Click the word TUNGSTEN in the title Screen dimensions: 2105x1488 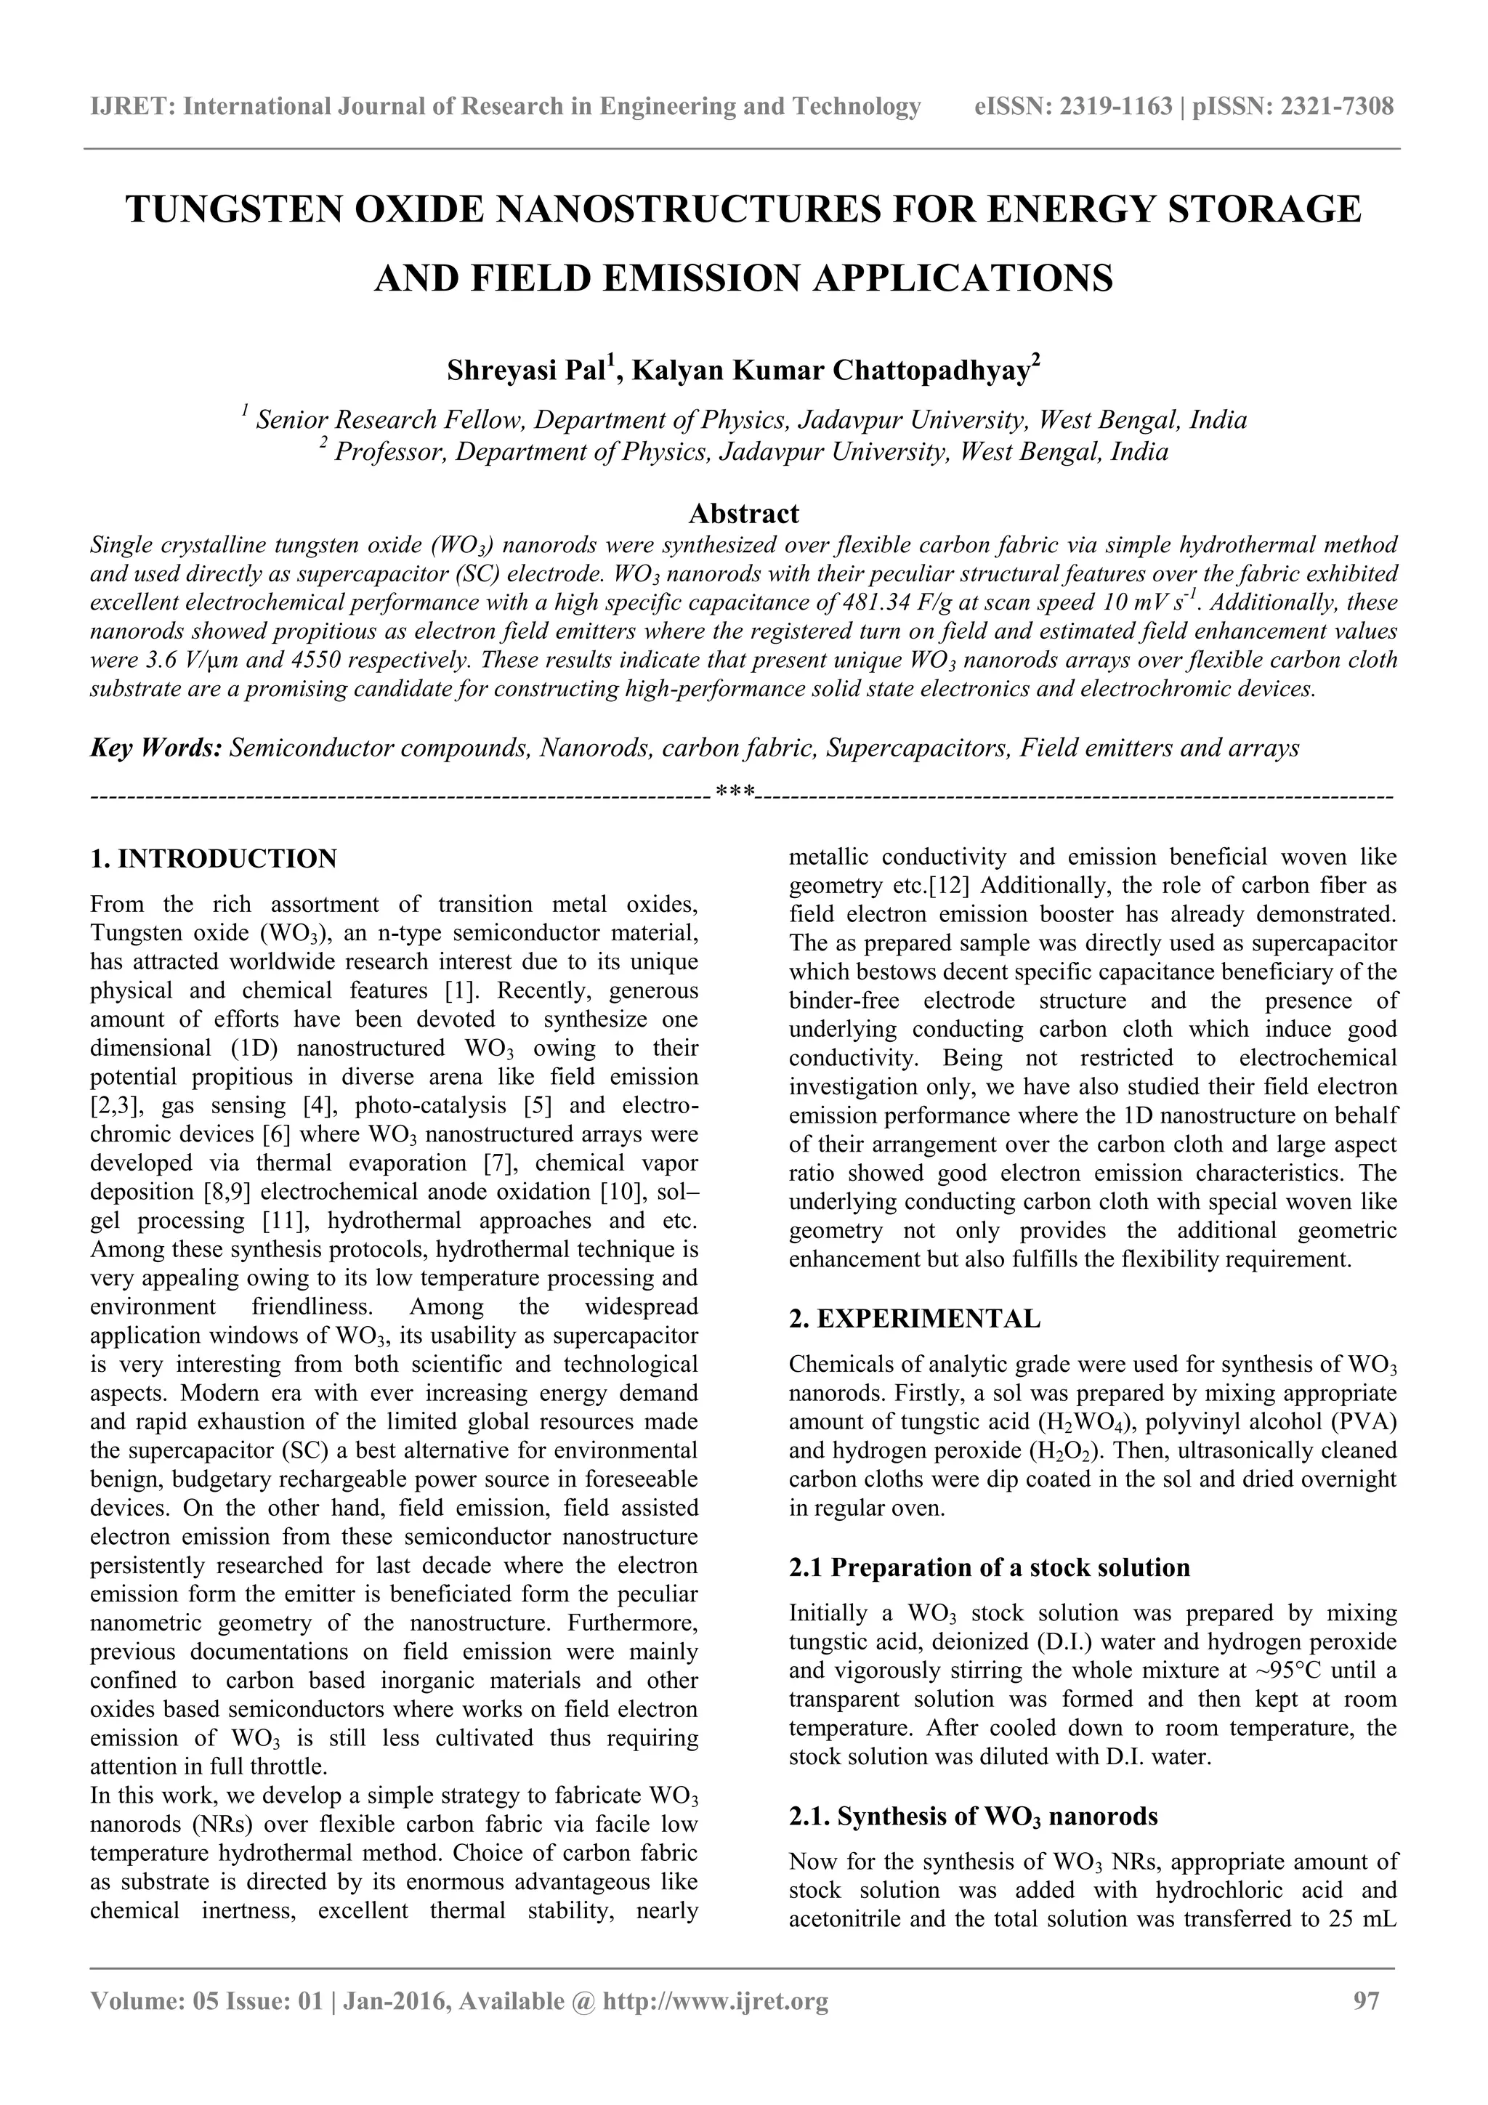235,210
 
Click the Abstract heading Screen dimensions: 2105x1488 743,512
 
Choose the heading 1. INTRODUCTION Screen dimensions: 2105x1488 214,859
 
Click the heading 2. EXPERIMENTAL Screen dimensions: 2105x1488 914,1320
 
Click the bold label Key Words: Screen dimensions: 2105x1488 156,748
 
